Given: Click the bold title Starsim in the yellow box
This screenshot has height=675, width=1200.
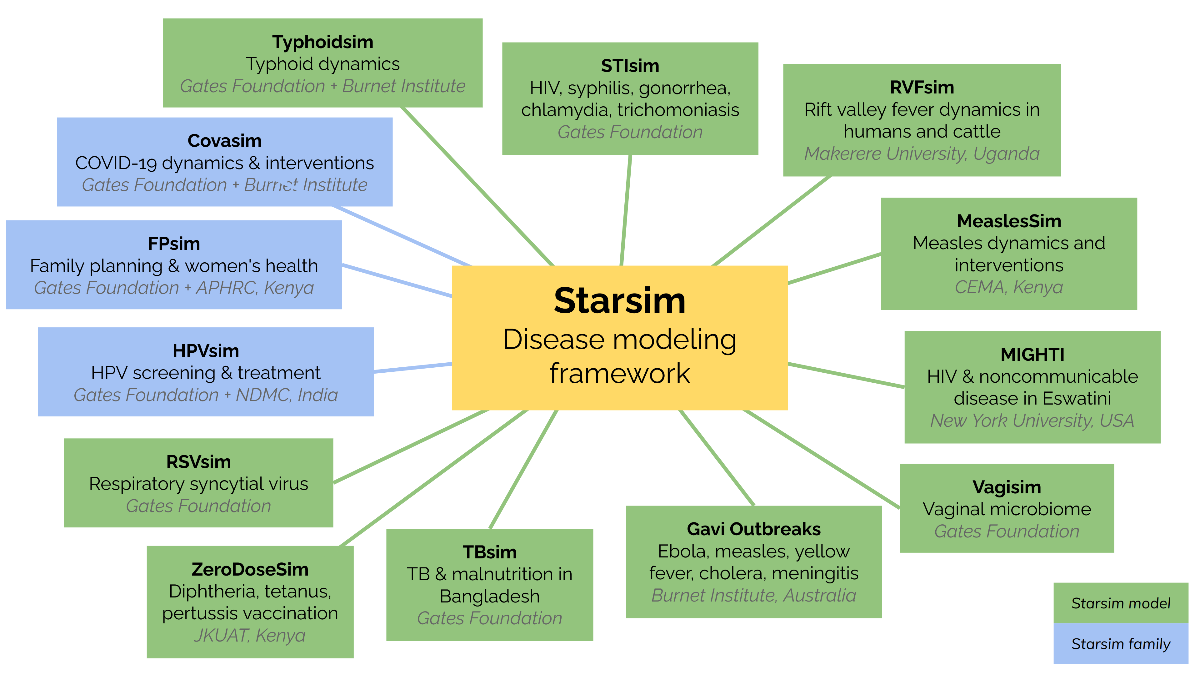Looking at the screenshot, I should (620, 301).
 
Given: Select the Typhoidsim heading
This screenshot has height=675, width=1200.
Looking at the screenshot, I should (323, 42).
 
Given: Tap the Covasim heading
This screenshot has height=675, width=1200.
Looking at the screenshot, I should (225, 141).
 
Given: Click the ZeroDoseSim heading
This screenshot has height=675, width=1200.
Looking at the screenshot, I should (250, 569).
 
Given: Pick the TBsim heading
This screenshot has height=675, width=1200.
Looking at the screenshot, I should (490, 552).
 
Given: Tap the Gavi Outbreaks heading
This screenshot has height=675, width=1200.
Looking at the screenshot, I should (754, 529).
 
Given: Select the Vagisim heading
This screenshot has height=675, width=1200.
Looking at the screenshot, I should (1007, 487).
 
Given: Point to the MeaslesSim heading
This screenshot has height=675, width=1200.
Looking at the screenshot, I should (1009, 221).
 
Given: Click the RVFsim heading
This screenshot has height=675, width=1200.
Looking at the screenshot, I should (922, 87).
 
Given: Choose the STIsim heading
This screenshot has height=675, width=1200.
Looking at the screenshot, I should (630, 66).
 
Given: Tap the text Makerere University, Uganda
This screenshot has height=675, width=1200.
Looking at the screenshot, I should (922, 154).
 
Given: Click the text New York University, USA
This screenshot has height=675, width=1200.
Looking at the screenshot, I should (1032, 421).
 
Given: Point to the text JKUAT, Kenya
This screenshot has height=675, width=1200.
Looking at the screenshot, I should (250, 635).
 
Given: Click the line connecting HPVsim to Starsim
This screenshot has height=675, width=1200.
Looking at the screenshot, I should (413, 368).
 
